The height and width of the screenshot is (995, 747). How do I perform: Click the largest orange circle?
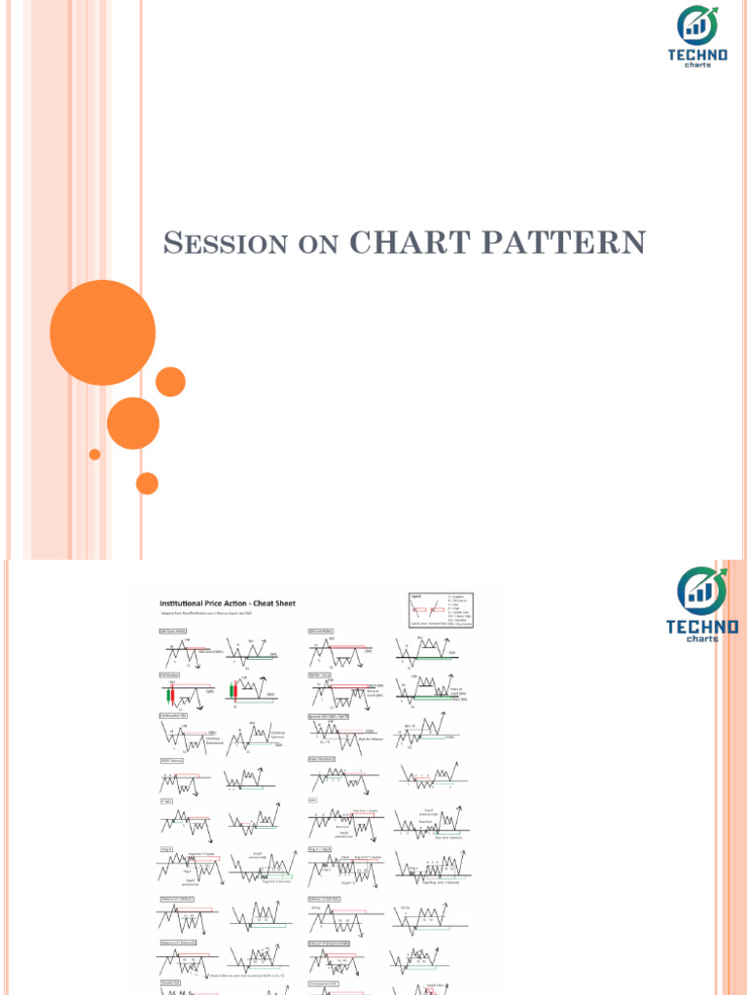tap(102, 332)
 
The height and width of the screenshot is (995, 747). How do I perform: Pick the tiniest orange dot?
tap(94, 454)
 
